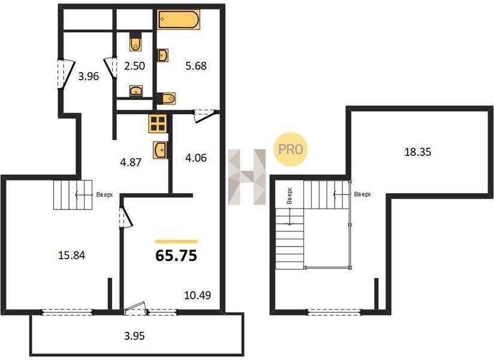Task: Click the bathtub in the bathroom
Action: (179, 20)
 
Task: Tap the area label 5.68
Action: (196, 66)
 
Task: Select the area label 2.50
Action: (134, 66)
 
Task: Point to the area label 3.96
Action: (89, 76)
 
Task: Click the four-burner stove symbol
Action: (158, 123)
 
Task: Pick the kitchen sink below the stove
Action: (160, 150)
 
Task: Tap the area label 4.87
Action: (131, 163)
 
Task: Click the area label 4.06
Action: (196, 158)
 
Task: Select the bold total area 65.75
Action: (176, 256)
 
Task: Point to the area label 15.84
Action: (72, 255)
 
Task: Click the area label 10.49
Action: (197, 295)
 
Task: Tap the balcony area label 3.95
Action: (134, 336)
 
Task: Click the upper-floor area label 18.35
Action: (418, 152)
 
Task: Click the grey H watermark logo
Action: (247, 177)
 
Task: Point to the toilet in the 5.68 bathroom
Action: (167, 98)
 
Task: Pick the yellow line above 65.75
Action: (176, 242)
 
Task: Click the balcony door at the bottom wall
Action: (135, 309)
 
